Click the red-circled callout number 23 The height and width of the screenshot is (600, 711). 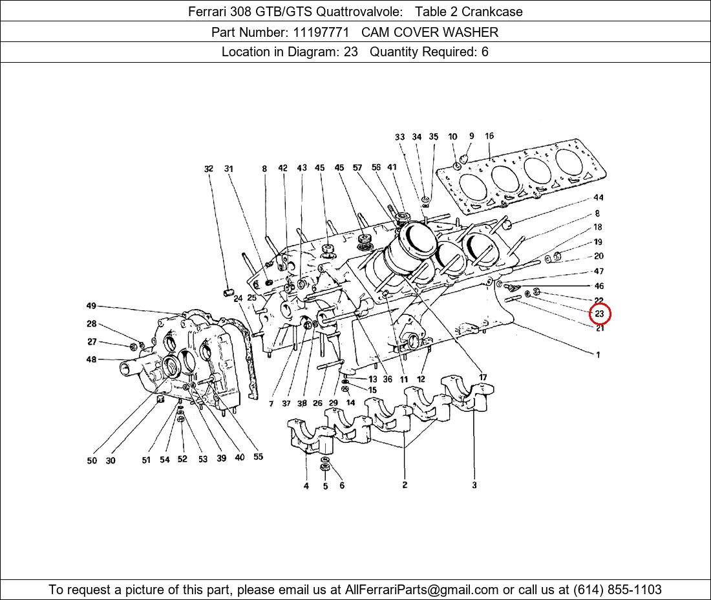pyautogui.click(x=599, y=314)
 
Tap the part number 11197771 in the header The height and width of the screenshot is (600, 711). pyautogui.click(x=321, y=32)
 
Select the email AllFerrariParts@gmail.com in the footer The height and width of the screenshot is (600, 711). pyautogui.click(x=421, y=590)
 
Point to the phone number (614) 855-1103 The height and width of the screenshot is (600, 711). pyautogui.click(x=617, y=590)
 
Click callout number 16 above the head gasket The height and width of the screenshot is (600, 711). pyautogui.click(x=489, y=136)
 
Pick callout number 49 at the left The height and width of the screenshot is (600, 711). pyautogui.click(x=91, y=306)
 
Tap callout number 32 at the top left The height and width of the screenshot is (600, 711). pyautogui.click(x=209, y=169)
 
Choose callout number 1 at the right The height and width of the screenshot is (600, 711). pyautogui.click(x=598, y=355)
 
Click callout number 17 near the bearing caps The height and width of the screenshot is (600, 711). pyautogui.click(x=483, y=377)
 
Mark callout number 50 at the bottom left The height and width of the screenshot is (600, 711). pyautogui.click(x=92, y=460)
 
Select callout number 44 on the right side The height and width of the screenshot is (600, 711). pyautogui.click(x=599, y=197)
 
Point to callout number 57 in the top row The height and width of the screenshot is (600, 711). pyautogui.click(x=357, y=168)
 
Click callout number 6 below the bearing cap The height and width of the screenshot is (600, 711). pyautogui.click(x=342, y=486)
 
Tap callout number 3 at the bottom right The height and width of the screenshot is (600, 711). pyautogui.click(x=474, y=485)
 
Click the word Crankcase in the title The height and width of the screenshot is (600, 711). pyautogui.click(x=492, y=12)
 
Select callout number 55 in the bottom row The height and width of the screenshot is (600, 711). pyautogui.click(x=258, y=456)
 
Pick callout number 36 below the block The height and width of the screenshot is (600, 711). pyautogui.click(x=387, y=379)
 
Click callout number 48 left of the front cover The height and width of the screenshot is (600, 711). pyautogui.click(x=91, y=359)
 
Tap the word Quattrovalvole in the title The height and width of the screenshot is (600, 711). pyautogui.click(x=359, y=12)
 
